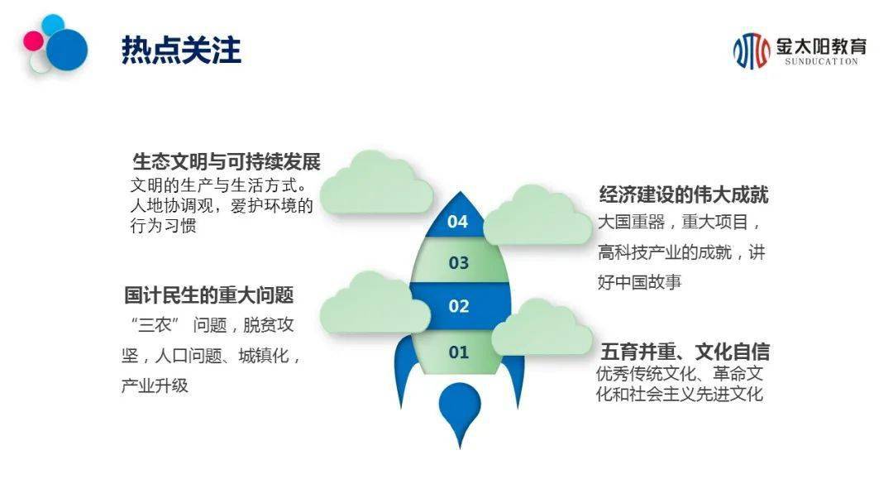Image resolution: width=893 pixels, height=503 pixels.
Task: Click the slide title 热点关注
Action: click(181, 50)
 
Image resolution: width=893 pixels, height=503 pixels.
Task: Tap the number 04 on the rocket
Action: click(457, 222)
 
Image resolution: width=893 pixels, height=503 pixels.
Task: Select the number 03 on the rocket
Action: click(458, 263)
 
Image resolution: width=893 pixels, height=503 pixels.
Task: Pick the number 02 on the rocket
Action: click(458, 306)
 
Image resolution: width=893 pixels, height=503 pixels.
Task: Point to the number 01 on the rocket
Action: click(458, 352)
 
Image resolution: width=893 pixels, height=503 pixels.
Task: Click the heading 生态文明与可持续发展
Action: click(227, 162)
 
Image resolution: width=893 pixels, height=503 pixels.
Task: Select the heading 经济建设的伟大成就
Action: click(684, 194)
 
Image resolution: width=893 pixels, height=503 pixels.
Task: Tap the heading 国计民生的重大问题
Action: click(209, 295)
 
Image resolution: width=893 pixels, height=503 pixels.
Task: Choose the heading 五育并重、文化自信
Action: click(685, 352)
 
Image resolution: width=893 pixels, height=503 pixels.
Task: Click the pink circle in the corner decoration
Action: click(33, 41)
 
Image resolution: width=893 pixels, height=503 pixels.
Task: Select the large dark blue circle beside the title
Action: click(67, 50)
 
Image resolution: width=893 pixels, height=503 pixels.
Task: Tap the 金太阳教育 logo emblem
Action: click(751, 50)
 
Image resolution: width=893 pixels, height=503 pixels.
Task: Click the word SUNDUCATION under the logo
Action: click(821, 61)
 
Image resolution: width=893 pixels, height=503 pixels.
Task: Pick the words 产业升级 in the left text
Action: click(155, 386)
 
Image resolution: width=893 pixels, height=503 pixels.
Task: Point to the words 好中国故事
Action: click(639, 282)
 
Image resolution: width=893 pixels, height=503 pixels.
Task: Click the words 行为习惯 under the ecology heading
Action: click(164, 226)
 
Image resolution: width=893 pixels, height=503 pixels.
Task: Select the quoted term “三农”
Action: click(155, 324)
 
